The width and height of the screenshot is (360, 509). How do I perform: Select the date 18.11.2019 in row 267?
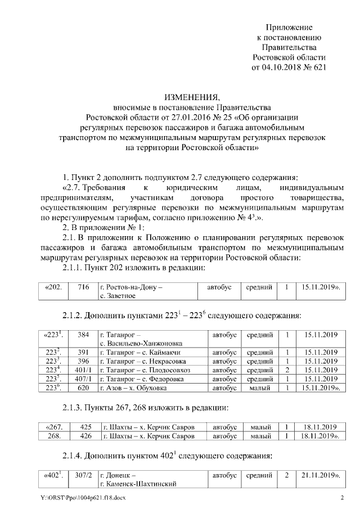pyautogui.click(x=318, y=426)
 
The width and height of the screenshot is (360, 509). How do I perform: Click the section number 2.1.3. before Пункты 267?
pyautogui.click(x=75, y=407)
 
